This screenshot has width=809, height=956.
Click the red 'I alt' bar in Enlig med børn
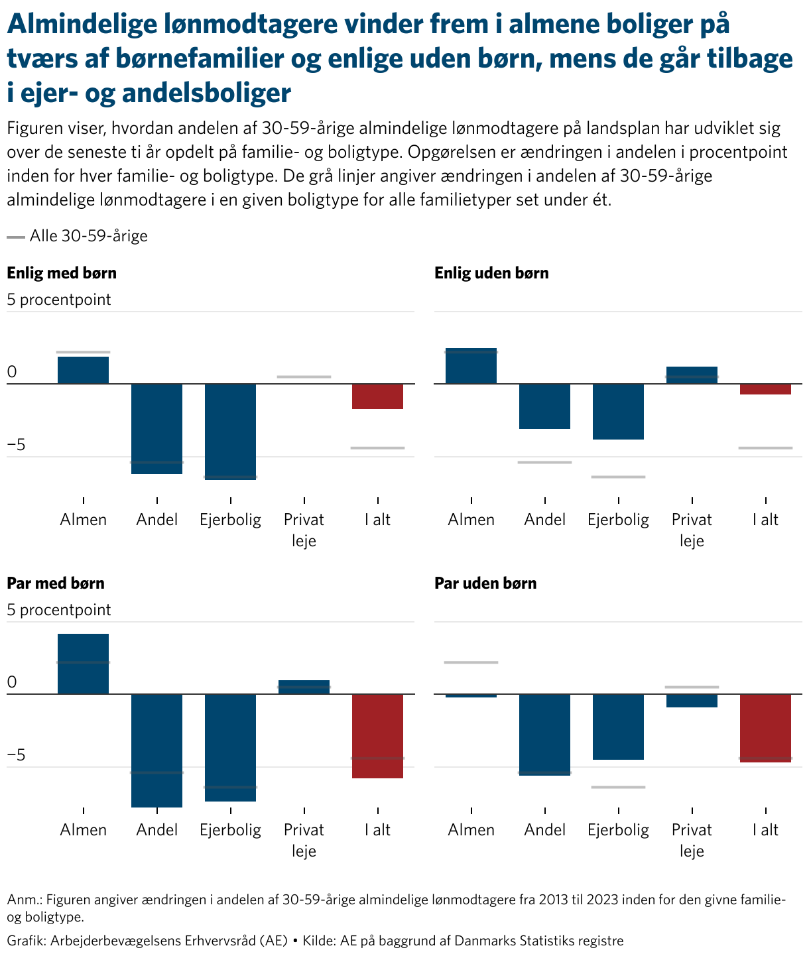377,396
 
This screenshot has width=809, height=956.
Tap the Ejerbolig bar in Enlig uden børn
618,412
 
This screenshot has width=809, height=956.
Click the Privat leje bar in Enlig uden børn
692,375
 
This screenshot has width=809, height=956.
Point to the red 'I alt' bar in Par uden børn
765,728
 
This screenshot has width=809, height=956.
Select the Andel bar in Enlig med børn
156,428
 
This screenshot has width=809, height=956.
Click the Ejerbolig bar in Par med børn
230,748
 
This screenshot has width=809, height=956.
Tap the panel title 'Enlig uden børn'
491,273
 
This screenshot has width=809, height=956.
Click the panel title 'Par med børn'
56,583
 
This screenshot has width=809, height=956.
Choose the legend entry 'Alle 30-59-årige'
88,236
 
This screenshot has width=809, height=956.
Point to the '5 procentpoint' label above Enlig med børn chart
59,300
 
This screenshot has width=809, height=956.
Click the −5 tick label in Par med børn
16,755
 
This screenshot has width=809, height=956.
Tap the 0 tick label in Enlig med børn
11,373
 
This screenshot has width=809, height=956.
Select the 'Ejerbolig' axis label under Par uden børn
618,830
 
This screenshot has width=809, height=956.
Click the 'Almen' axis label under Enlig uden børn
471,520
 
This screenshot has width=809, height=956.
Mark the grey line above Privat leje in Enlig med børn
304,377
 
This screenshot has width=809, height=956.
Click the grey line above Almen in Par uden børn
471,662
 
